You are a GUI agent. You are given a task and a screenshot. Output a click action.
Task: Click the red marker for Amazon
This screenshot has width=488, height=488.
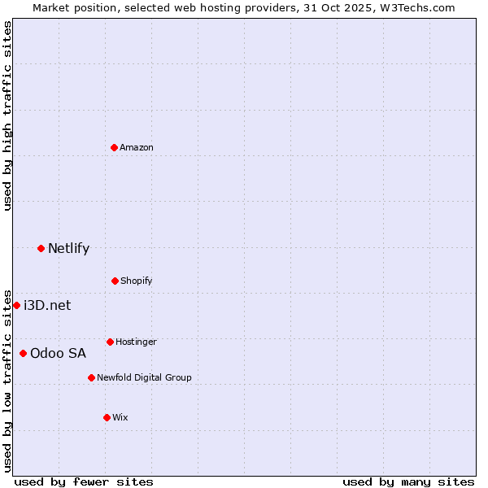[x=115, y=147]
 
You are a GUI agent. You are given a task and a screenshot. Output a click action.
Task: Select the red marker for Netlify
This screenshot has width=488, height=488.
[x=41, y=248]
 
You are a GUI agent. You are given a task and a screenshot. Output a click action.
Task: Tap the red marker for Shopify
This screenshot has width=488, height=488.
[x=115, y=281]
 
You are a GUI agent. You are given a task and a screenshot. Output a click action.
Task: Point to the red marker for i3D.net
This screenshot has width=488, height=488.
[x=16, y=305]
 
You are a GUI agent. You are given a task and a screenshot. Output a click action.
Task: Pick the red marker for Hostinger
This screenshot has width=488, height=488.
[x=110, y=342]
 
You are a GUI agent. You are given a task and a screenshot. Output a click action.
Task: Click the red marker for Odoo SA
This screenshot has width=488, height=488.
[x=23, y=353]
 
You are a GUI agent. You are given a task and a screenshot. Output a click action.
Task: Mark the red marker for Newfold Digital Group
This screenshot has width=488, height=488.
[x=91, y=377]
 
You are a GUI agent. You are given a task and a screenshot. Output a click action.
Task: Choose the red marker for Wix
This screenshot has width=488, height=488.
[x=107, y=417]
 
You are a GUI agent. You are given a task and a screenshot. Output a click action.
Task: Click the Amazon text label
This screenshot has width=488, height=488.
[x=137, y=147]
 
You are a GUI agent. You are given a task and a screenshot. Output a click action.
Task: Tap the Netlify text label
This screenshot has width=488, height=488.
[x=68, y=248]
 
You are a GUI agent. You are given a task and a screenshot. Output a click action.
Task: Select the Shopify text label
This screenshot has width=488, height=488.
[x=137, y=281]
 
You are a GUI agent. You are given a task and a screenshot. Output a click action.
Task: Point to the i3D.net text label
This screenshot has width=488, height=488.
[x=47, y=305]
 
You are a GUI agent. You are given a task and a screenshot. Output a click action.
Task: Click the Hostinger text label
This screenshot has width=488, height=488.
[x=136, y=342]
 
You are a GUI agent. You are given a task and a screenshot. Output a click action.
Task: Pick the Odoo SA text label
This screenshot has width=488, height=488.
[x=58, y=353]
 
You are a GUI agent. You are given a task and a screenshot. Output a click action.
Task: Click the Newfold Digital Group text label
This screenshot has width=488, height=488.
[x=144, y=377]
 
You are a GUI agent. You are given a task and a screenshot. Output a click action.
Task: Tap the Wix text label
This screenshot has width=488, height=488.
[x=120, y=417]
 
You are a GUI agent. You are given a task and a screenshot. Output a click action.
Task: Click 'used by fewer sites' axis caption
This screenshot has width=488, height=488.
[x=84, y=481]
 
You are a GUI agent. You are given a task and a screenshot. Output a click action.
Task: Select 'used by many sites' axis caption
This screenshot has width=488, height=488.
[x=408, y=481]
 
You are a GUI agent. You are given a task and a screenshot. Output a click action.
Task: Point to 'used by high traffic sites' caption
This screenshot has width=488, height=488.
[x=7, y=115]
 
